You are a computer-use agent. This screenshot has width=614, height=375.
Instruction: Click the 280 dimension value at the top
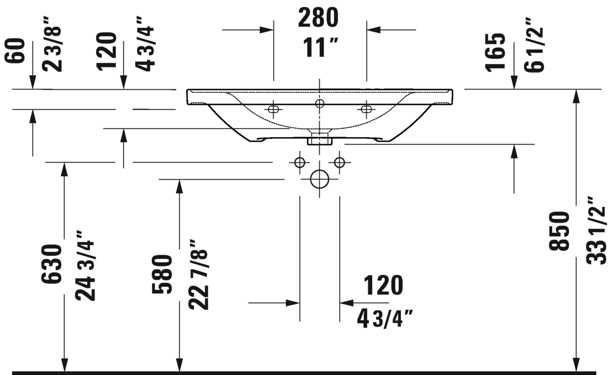(x=318, y=18)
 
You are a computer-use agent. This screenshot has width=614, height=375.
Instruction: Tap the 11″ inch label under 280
(x=320, y=48)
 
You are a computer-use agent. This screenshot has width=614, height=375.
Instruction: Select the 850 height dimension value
(x=559, y=231)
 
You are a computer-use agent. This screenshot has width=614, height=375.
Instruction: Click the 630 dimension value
(x=51, y=264)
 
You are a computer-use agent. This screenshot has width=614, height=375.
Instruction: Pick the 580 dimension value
(x=162, y=274)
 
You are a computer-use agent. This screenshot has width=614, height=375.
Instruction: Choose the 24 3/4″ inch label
(x=85, y=265)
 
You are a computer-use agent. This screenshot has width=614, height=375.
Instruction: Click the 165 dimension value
(x=495, y=52)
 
